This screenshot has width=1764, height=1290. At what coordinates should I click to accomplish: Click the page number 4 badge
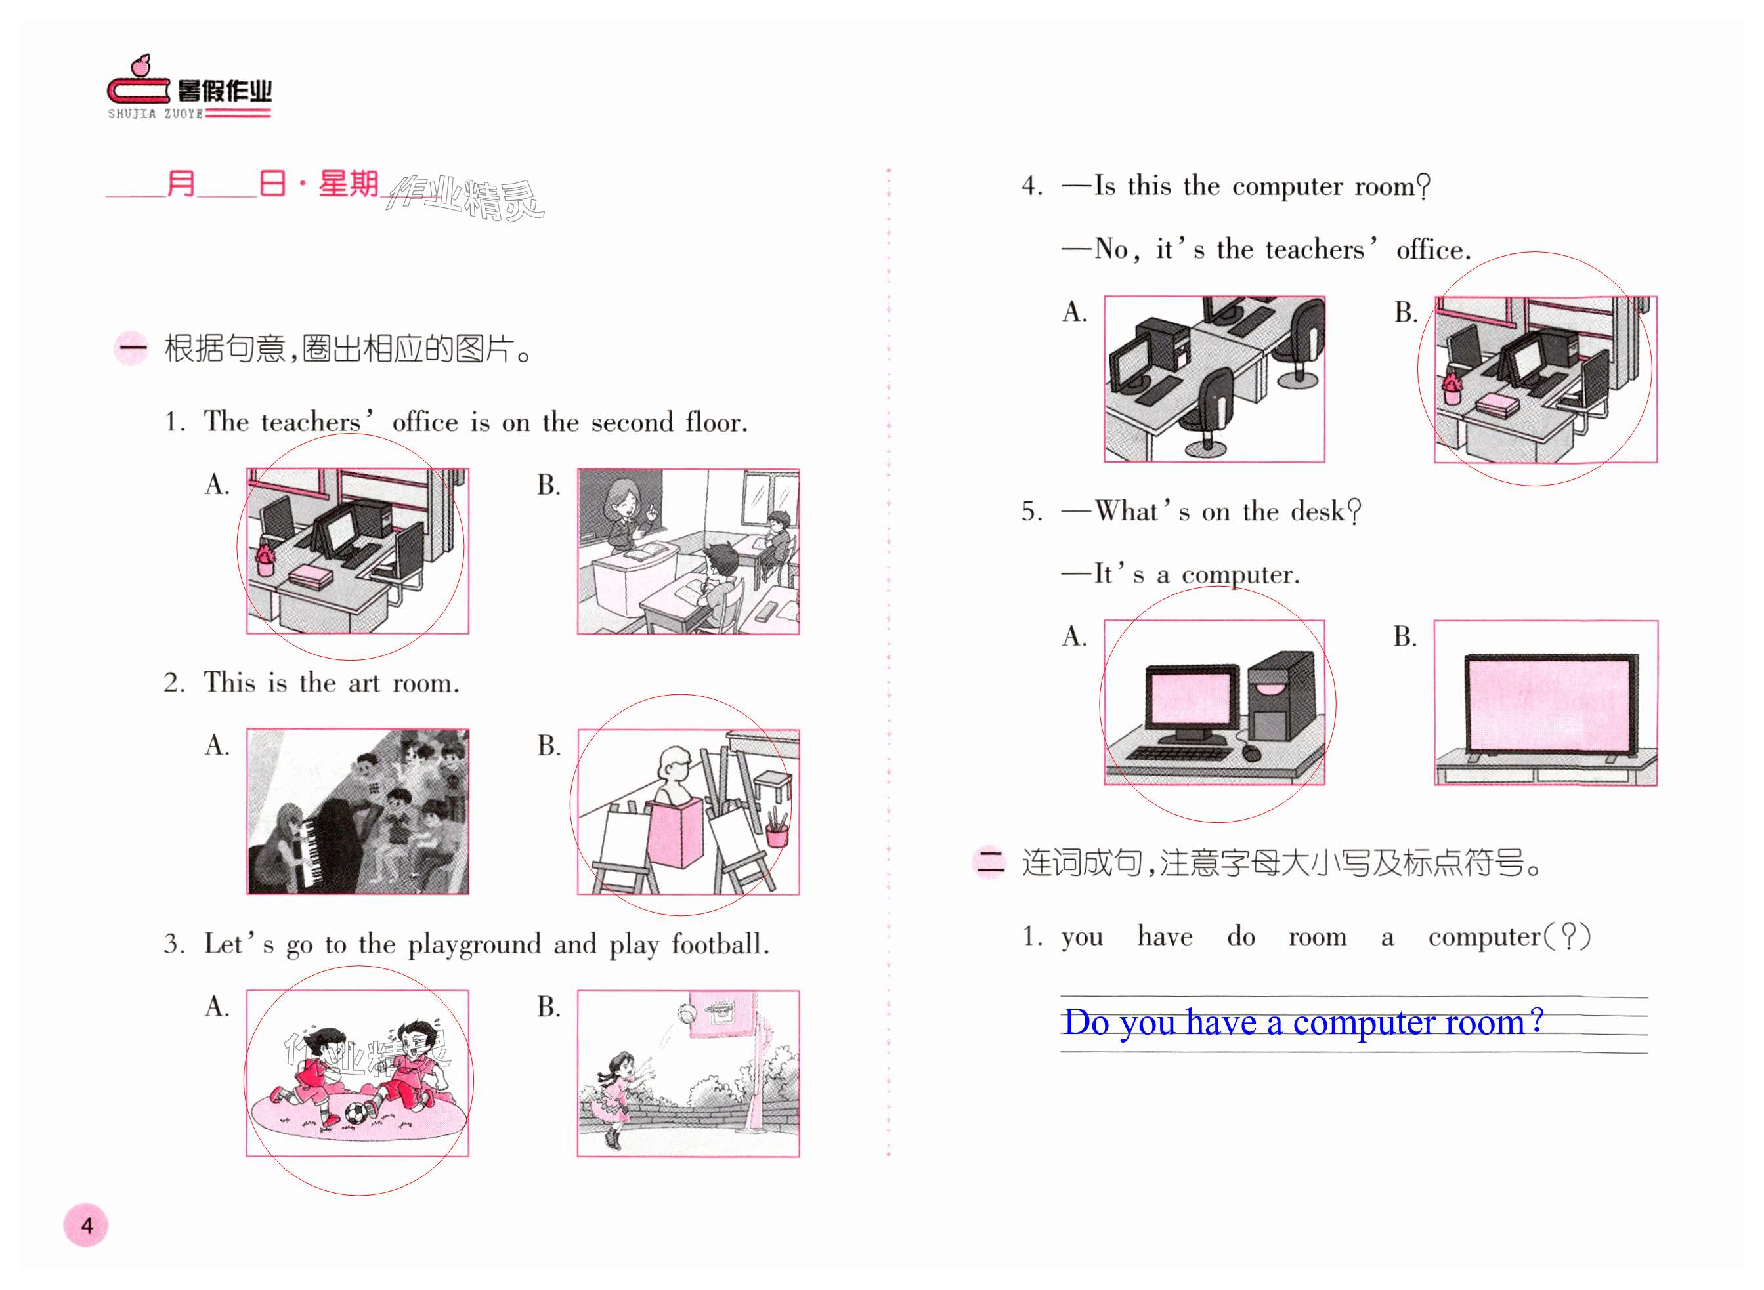click(86, 1224)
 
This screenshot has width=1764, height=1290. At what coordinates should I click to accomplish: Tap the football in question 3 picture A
click(356, 1113)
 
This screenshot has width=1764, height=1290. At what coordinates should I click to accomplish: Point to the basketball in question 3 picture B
click(687, 1013)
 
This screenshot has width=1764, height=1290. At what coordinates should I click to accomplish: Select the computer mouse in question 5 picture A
click(1251, 751)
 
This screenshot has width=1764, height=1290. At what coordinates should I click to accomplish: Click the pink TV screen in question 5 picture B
click(1546, 704)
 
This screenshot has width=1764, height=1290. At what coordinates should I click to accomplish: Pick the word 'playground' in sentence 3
click(474, 945)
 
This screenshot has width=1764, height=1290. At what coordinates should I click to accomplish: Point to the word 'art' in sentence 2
click(364, 683)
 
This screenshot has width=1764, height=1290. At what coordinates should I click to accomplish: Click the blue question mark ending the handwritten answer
click(1536, 1020)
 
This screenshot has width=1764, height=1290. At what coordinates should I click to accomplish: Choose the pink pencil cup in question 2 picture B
click(777, 834)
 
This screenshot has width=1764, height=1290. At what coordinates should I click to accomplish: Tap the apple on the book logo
click(140, 66)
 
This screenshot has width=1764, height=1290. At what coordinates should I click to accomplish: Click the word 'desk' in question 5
click(1318, 511)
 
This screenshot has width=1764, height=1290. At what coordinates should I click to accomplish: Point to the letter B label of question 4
click(1406, 312)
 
